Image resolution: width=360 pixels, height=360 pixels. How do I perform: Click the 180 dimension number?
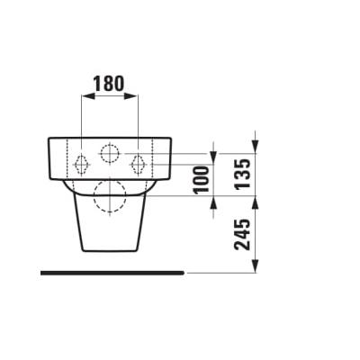point(110,84)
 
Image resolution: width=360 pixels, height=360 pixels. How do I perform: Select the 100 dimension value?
point(202,180)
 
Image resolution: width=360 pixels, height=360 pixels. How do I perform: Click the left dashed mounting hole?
point(81,164)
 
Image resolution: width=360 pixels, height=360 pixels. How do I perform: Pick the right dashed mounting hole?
point(139,164)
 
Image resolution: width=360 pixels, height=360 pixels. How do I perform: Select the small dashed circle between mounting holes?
point(110,152)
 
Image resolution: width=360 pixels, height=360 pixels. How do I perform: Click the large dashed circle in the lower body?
point(110,197)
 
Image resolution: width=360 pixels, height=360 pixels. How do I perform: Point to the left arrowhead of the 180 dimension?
point(85,97)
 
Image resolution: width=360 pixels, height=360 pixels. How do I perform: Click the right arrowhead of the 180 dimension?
point(135,97)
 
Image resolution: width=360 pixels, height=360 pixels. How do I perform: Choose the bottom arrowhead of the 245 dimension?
point(257,266)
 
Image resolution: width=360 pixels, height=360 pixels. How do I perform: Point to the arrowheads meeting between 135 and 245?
point(257,199)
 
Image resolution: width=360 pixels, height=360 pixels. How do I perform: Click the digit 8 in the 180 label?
point(110,84)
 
